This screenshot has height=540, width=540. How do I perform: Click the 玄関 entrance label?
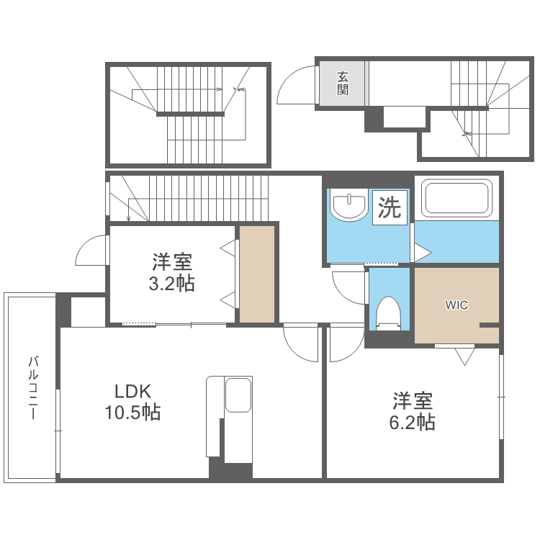pos(342,83)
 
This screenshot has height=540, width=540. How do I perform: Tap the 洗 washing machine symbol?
pos(390,207)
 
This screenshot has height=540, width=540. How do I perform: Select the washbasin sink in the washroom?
pos(349,207)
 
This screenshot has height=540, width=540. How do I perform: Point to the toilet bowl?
pos(389,313)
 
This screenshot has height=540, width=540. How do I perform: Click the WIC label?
pos(456,305)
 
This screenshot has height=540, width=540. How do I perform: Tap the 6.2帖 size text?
pos(413,422)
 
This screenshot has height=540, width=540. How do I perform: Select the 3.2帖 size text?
pos(171,284)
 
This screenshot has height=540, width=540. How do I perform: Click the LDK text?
pos(132,392)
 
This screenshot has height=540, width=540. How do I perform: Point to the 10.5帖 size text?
pos(132,412)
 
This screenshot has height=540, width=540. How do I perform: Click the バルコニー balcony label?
pos(33,388)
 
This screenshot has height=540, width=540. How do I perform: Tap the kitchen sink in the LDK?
pos(238,395)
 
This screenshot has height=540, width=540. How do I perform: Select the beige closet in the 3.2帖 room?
pos(257,274)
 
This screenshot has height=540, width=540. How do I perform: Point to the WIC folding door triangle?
pos(464,356)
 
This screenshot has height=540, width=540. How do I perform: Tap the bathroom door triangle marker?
pos(423,253)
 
